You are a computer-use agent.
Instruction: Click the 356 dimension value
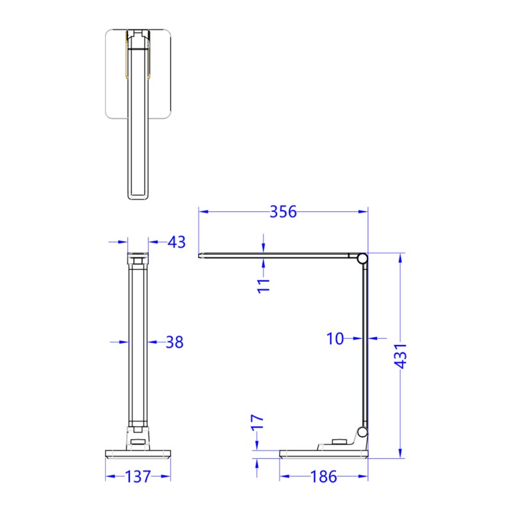(x=283, y=212)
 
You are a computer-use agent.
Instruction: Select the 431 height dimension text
(x=401, y=356)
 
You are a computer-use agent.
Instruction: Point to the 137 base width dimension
(x=138, y=477)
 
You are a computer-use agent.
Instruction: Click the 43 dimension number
(x=176, y=242)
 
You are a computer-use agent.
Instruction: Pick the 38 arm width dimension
(x=174, y=342)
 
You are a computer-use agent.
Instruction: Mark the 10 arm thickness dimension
(x=335, y=339)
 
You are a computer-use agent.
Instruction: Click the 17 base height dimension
(x=257, y=423)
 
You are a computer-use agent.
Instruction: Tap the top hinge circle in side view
(x=362, y=259)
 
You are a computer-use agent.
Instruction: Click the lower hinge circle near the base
(x=363, y=433)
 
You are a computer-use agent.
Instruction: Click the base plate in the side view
(x=324, y=454)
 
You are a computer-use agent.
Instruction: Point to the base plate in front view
(x=138, y=454)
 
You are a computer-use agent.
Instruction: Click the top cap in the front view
(x=138, y=259)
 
